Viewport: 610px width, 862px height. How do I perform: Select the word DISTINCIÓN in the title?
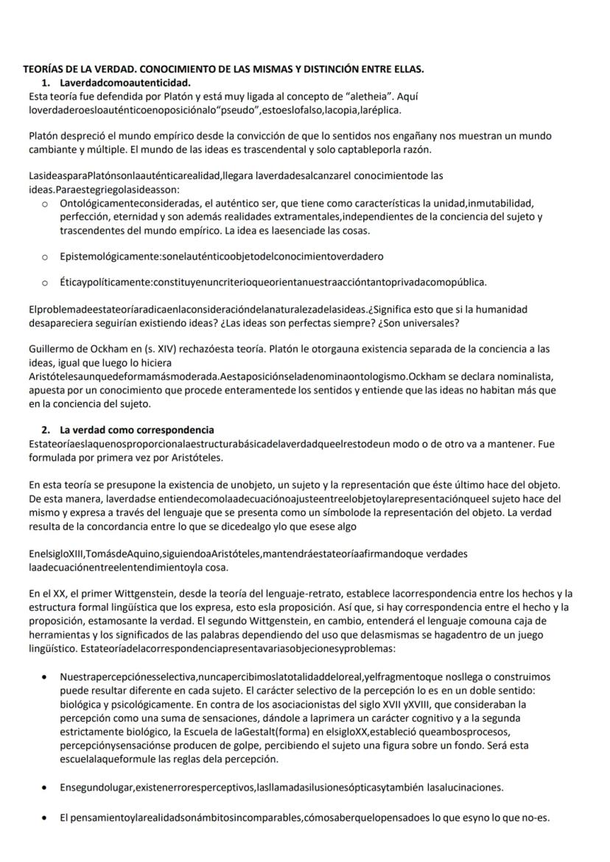pyautogui.click(x=332, y=70)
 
